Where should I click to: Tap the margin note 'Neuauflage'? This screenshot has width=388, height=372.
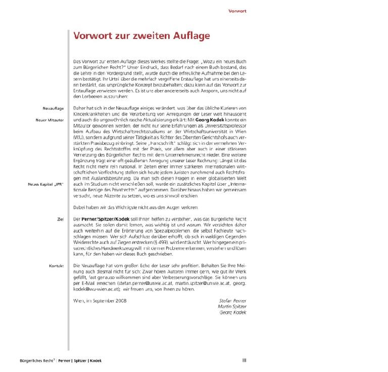point(53,108)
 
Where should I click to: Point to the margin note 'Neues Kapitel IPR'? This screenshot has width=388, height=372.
point(45,185)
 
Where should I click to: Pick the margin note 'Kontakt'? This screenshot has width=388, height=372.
point(56,266)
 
